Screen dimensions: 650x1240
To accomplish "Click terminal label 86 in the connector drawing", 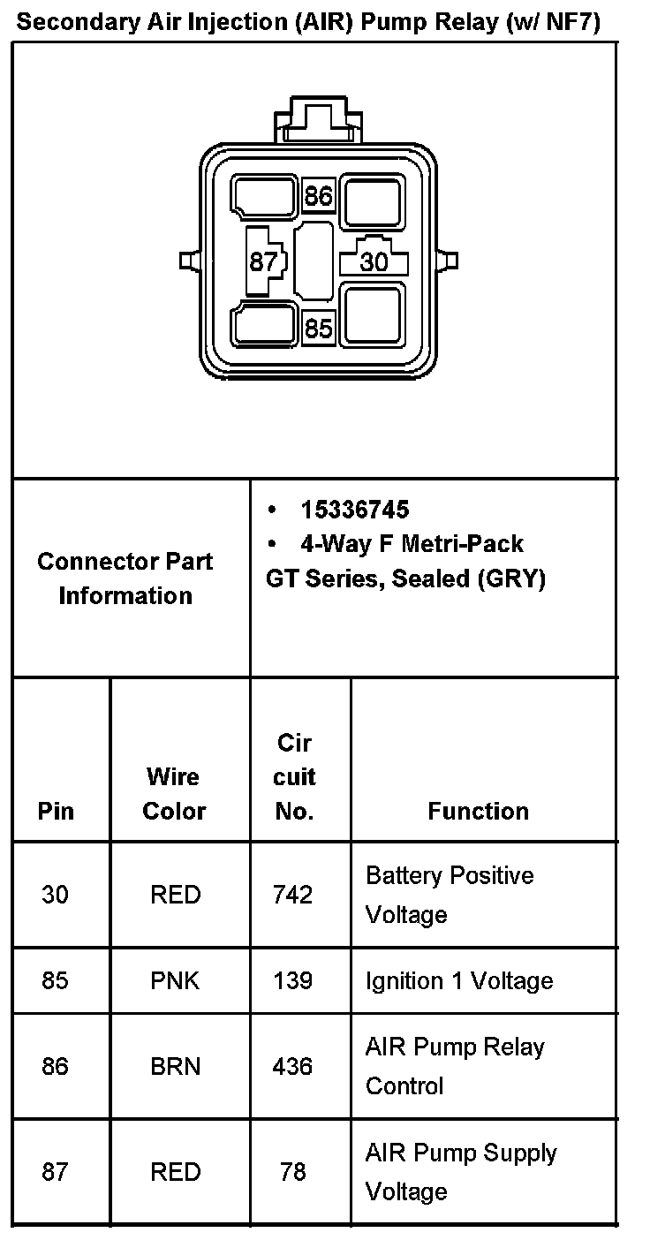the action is coord(318,196).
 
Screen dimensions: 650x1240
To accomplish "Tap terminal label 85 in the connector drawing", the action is coord(318,329).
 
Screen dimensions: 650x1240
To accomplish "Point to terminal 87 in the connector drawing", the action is coord(263,262).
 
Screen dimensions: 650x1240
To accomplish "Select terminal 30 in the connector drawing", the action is coord(374,262).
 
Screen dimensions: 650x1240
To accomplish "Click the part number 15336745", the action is coord(354,510).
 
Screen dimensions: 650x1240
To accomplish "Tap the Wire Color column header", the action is coord(175,794).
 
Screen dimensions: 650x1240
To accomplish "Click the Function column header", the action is coord(478,811).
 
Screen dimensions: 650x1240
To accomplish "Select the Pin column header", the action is coord(56,811).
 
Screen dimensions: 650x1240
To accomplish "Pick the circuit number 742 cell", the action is coord(293,895).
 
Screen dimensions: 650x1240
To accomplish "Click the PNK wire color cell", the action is coord(175,980).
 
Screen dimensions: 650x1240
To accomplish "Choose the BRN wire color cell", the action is coord(175,1066).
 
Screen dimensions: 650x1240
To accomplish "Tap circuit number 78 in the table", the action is coord(293,1171).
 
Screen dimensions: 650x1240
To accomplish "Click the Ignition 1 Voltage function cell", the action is coord(459,980).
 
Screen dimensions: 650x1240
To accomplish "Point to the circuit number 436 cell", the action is coord(293,1066).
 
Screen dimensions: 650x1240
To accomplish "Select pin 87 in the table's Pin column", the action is coord(55,1171).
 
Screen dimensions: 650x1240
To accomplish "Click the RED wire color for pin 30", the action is coord(175,895).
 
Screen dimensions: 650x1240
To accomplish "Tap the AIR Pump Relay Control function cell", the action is coord(455,1066).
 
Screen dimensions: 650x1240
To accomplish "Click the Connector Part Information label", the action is coord(125,578).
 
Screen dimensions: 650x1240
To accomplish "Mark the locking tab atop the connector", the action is coord(318,120).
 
